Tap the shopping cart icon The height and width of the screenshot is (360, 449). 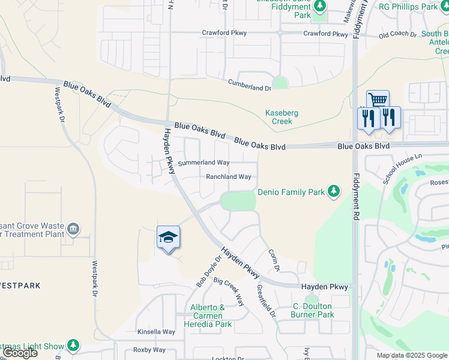pos(378,100)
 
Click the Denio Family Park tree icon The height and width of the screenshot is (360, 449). pos(334,192)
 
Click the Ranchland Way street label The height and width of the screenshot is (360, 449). pos(228,177)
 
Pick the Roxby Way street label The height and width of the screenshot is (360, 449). pos(149,350)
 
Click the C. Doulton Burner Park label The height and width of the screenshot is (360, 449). pos(312,310)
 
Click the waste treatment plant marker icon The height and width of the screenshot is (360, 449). pos(73,228)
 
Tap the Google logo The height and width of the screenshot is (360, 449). pos(20,353)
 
